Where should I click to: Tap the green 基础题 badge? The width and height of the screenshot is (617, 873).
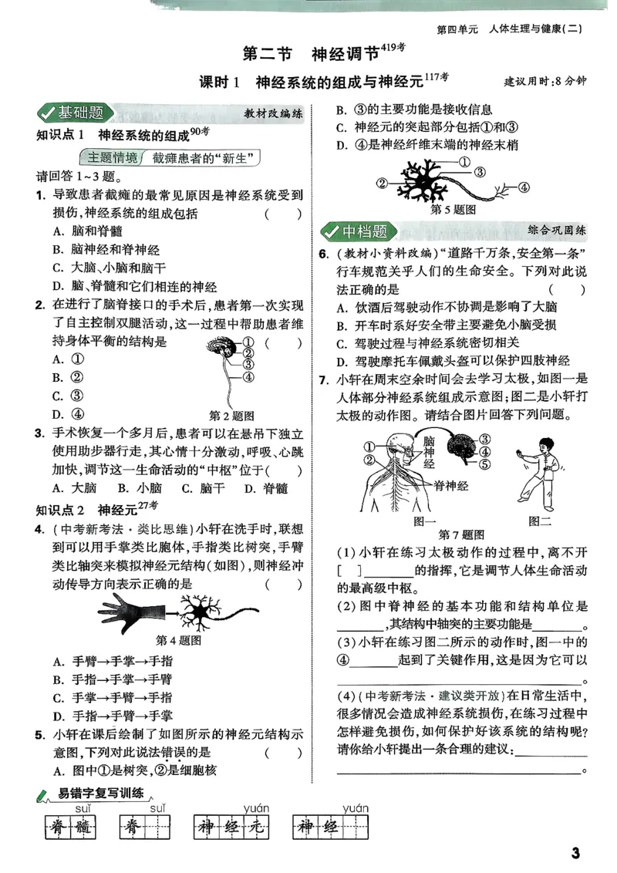point(73,113)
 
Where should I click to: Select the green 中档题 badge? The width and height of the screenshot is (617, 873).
point(356,231)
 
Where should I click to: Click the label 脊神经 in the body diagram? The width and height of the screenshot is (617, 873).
point(450,484)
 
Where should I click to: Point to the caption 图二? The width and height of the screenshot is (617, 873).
point(540,521)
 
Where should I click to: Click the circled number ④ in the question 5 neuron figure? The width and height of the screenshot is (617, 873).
point(522,187)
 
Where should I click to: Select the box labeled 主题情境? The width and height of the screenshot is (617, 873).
point(113,158)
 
